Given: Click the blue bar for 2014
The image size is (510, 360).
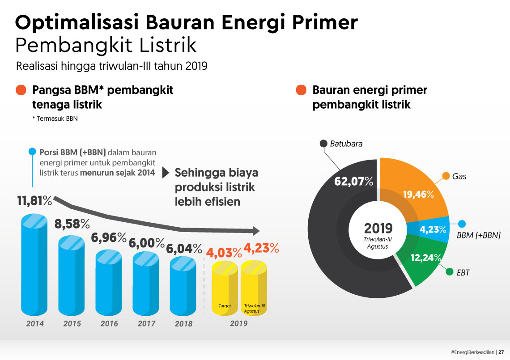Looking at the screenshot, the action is coord(34,265).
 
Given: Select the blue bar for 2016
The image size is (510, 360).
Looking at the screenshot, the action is coord(109,283).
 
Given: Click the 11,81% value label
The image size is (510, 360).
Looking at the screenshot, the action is coord(34,201).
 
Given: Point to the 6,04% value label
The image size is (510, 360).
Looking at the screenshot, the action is coord(184,249).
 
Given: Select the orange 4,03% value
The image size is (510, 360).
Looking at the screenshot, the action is coord(224,253).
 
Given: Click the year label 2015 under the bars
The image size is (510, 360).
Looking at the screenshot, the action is coord(72,324).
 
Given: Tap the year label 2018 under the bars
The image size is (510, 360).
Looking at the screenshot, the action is coord(183,324).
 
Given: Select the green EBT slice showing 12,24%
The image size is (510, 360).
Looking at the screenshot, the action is coord(423,260).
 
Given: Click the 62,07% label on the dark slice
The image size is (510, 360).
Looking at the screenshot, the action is coord(353,181).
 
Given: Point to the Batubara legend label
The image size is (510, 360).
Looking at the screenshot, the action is coord(346,144).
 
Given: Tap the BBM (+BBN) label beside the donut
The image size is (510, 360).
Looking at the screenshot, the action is coord(478,235).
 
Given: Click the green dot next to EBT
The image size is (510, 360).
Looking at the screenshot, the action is coord(450,271).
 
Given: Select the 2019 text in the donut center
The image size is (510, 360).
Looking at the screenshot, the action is coord(378,228).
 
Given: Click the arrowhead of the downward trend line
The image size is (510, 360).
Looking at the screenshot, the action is coord(256,231).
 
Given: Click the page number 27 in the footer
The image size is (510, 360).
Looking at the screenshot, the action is coord(501,352).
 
